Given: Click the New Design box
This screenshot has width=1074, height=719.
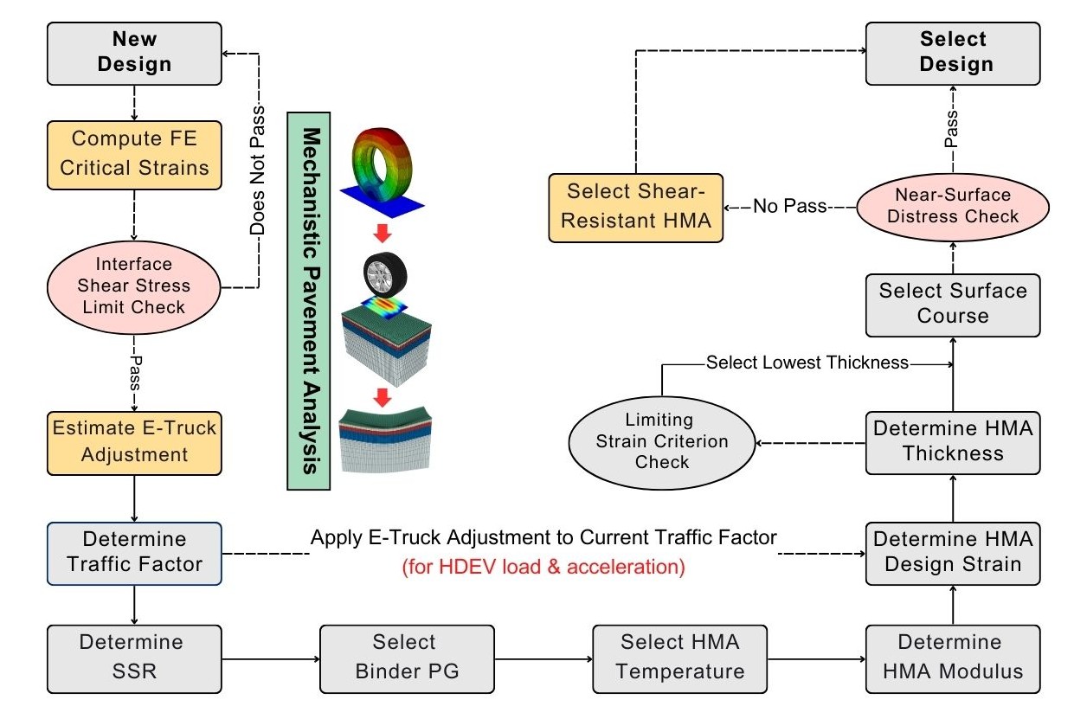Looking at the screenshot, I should pos(134,52).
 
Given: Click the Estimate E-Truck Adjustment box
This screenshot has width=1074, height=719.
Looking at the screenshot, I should pos(134,440).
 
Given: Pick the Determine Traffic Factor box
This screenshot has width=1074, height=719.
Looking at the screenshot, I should pos(134,552).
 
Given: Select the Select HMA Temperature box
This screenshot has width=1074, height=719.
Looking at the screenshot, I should pos(680,656).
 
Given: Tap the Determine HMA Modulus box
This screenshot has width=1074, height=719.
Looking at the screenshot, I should pos(953,656).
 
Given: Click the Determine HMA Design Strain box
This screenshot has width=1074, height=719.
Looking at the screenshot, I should pos(953,552).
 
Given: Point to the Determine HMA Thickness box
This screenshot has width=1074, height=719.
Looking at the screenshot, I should pos(953,440).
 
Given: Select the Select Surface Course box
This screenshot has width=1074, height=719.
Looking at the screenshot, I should pos(953,303).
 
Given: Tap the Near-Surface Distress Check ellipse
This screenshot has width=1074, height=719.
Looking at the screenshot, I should pos(953,206).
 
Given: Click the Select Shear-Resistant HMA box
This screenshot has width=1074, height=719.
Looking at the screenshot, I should pos(636,206).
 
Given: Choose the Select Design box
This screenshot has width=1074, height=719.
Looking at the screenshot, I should pos(953,52).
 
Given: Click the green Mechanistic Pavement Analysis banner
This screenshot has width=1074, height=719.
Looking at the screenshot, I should pos(309,299).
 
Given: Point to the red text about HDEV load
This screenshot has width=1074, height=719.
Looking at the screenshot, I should pos(543,568).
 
